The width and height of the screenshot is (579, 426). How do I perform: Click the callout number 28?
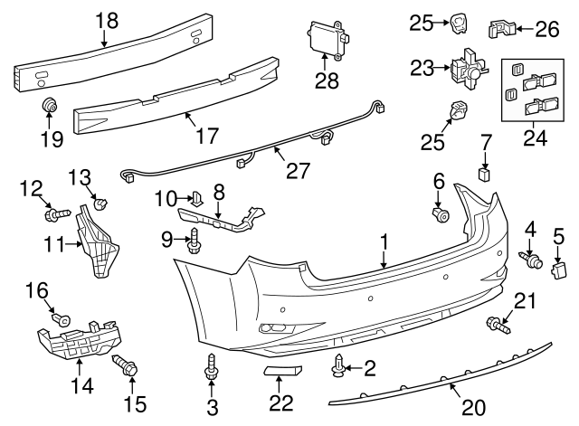coord(327,80)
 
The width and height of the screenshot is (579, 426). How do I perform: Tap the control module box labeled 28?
coord(326,38)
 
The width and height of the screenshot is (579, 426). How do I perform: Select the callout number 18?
coord(107,19)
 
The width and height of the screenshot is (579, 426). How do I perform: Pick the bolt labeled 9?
coord(195,240)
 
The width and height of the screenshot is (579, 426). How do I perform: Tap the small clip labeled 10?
coord(195,196)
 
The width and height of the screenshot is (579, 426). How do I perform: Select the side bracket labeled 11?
coord(100,237)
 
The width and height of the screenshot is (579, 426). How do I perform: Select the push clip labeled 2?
coord(338,365)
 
